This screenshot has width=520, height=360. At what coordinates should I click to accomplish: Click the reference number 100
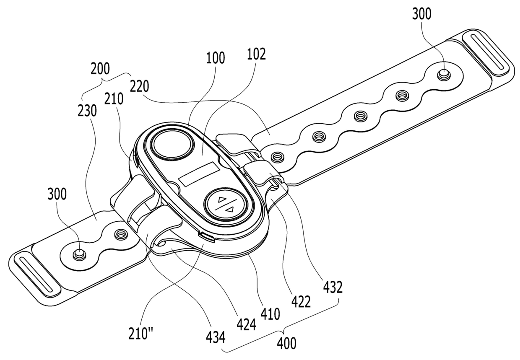[x=216, y=57]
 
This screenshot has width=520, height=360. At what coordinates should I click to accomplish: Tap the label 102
[x=256, y=54]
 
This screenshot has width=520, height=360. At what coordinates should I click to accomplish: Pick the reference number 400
[x=286, y=343]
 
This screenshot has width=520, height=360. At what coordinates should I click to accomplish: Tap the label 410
[x=270, y=313]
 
